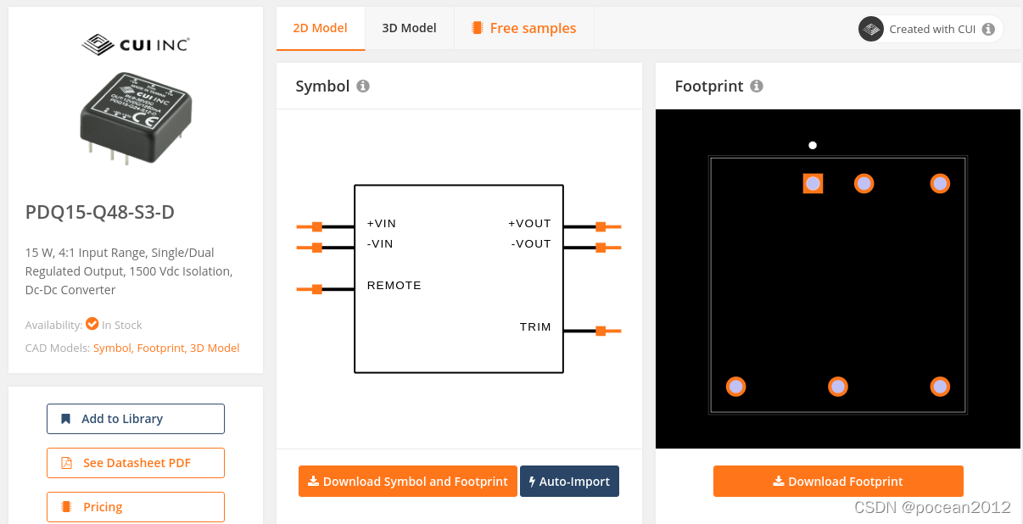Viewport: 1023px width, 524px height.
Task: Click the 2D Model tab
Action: coord(320,28)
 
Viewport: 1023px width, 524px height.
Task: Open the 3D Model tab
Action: coord(409,28)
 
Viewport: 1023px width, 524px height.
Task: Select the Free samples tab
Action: coord(523,28)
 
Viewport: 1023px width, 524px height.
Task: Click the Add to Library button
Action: coord(136,419)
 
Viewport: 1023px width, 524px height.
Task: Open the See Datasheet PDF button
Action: coord(136,463)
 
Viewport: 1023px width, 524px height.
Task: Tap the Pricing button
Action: coord(136,507)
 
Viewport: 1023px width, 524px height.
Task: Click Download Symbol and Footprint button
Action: coord(407,482)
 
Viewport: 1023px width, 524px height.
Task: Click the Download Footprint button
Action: coord(838,482)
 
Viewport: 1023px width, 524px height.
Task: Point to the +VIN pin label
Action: coord(382,224)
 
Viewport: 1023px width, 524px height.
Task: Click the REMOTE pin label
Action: coord(394,286)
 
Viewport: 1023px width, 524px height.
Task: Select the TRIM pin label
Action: coord(535,327)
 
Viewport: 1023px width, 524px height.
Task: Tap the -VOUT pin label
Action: coord(531,244)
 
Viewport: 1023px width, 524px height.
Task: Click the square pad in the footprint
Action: coord(813,183)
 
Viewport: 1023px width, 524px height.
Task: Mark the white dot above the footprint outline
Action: coord(813,146)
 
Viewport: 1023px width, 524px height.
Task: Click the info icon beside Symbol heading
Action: coord(363,86)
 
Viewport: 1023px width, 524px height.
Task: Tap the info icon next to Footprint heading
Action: coord(757,86)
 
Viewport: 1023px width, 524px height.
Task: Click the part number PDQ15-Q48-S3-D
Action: coord(100,212)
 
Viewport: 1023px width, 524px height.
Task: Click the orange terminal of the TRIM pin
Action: coord(601,331)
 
